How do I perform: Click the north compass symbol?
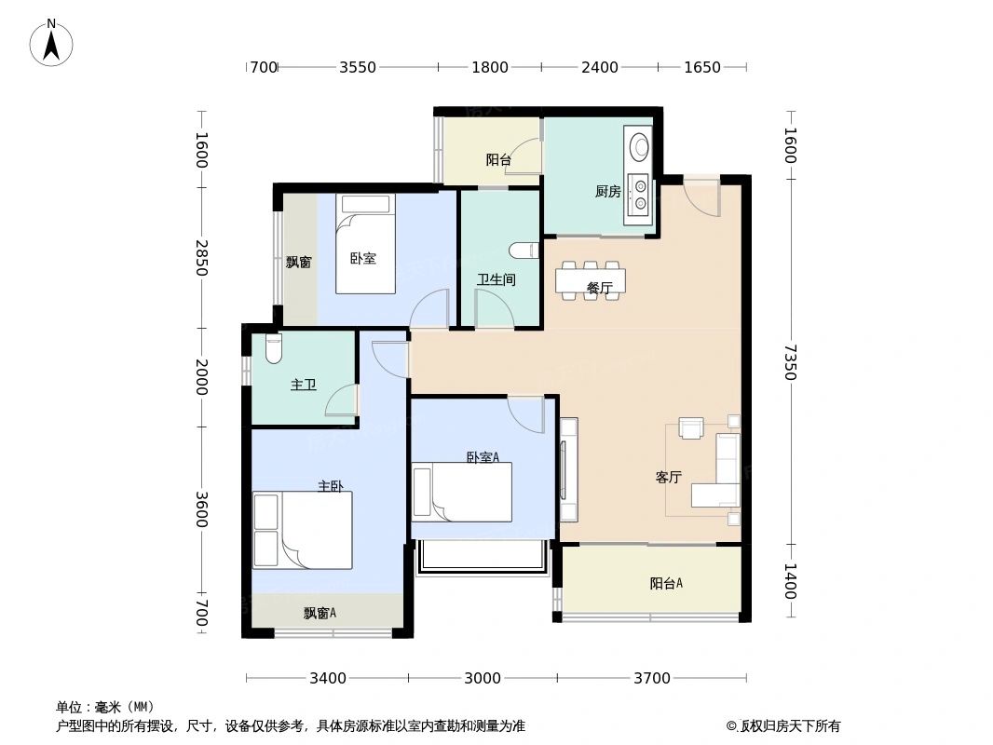(52, 42)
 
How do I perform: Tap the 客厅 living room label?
(668, 478)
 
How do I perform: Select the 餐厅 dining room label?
(600, 289)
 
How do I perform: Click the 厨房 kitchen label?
(607, 192)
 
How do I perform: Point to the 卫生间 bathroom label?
(496, 279)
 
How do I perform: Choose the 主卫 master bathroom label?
(303, 385)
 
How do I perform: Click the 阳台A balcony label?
(666, 584)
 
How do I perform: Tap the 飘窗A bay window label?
(320, 613)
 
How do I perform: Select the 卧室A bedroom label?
(483, 457)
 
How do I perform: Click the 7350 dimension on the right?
(790, 362)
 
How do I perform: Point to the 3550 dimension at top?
(357, 67)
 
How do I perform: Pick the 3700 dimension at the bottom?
(651, 678)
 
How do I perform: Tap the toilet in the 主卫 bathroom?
(273, 349)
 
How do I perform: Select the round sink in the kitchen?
(640, 147)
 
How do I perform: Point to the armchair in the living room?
(690, 427)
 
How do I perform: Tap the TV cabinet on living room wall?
(568, 470)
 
